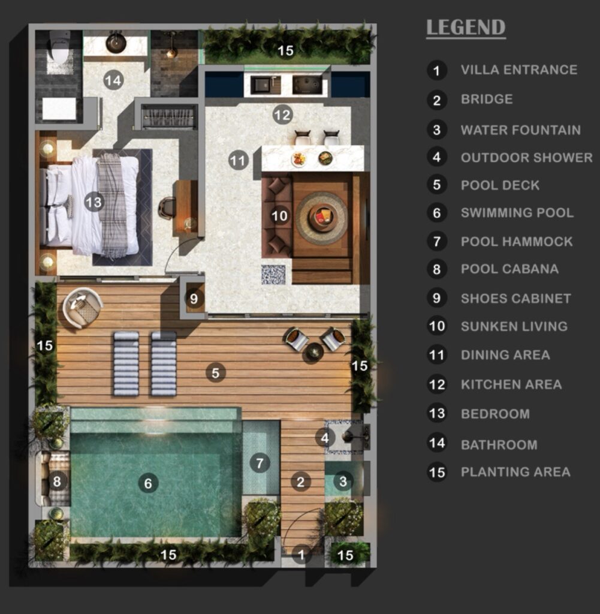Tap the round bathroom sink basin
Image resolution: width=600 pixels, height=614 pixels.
tap(116, 43)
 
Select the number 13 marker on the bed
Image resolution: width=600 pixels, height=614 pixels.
tap(94, 202)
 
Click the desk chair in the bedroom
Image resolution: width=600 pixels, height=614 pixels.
tap(167, 208)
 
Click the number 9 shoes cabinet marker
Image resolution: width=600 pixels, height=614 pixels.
tap(194, 299)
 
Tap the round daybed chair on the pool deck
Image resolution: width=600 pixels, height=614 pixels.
tap(83, 308)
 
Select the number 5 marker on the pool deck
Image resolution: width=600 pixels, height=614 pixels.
tap(216, 373)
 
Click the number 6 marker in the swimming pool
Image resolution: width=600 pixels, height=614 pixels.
tap(148, 484)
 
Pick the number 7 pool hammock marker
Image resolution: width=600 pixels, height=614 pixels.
tap(260, 463)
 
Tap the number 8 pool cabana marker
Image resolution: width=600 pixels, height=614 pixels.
tap(57, 481)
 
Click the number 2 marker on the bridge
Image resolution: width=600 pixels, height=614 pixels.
tap(300, 481)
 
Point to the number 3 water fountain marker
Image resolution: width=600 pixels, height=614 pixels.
tap(343, 481)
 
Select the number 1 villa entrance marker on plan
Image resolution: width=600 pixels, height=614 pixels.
tap(301, 555)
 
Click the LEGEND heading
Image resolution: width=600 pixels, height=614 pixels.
tap(466, 28)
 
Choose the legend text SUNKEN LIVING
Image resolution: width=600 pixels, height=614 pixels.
tap(514, 326)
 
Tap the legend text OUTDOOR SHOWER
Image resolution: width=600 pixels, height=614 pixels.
tap(527, 158)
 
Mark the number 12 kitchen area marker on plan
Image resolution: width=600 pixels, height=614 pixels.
tap(282, 115)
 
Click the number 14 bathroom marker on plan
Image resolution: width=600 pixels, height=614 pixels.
tap(113, 80)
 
